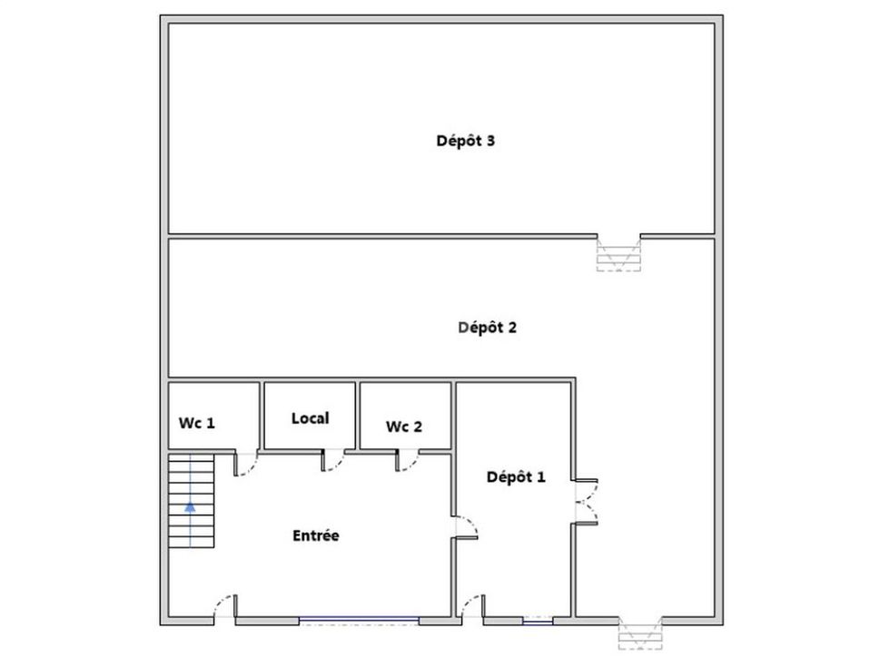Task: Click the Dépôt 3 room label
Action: [465, 141]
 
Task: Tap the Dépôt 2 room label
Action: [487, 328]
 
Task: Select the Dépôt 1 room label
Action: [516, 477]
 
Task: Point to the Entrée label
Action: [316, 535]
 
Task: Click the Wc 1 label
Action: [197, 423]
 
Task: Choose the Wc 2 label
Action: [404, 427]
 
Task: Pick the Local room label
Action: [310, 418]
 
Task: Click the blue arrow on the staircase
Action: [190, 506]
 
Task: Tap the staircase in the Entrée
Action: [192, 500]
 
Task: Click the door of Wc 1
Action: [245, 464]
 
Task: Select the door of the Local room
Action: [332, 460]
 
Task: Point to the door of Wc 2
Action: [407, 460]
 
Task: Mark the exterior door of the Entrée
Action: [225, 607]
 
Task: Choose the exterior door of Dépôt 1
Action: [472, 607]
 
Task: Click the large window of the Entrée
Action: [359, 622]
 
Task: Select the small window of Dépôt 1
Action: [538, 621]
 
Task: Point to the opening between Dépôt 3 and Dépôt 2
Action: [618, 252]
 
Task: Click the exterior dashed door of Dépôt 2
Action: [640, 633]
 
